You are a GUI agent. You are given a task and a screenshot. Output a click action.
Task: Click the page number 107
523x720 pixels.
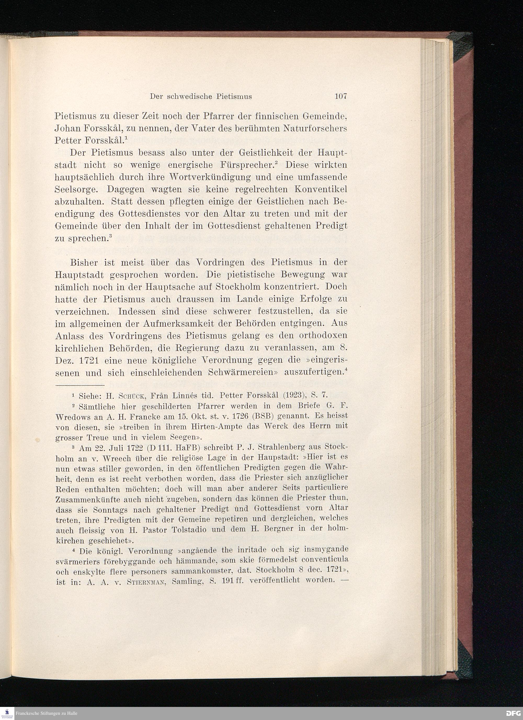tap(341, 96)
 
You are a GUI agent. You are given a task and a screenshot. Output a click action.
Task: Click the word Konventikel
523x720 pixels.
tap(321, 189)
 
